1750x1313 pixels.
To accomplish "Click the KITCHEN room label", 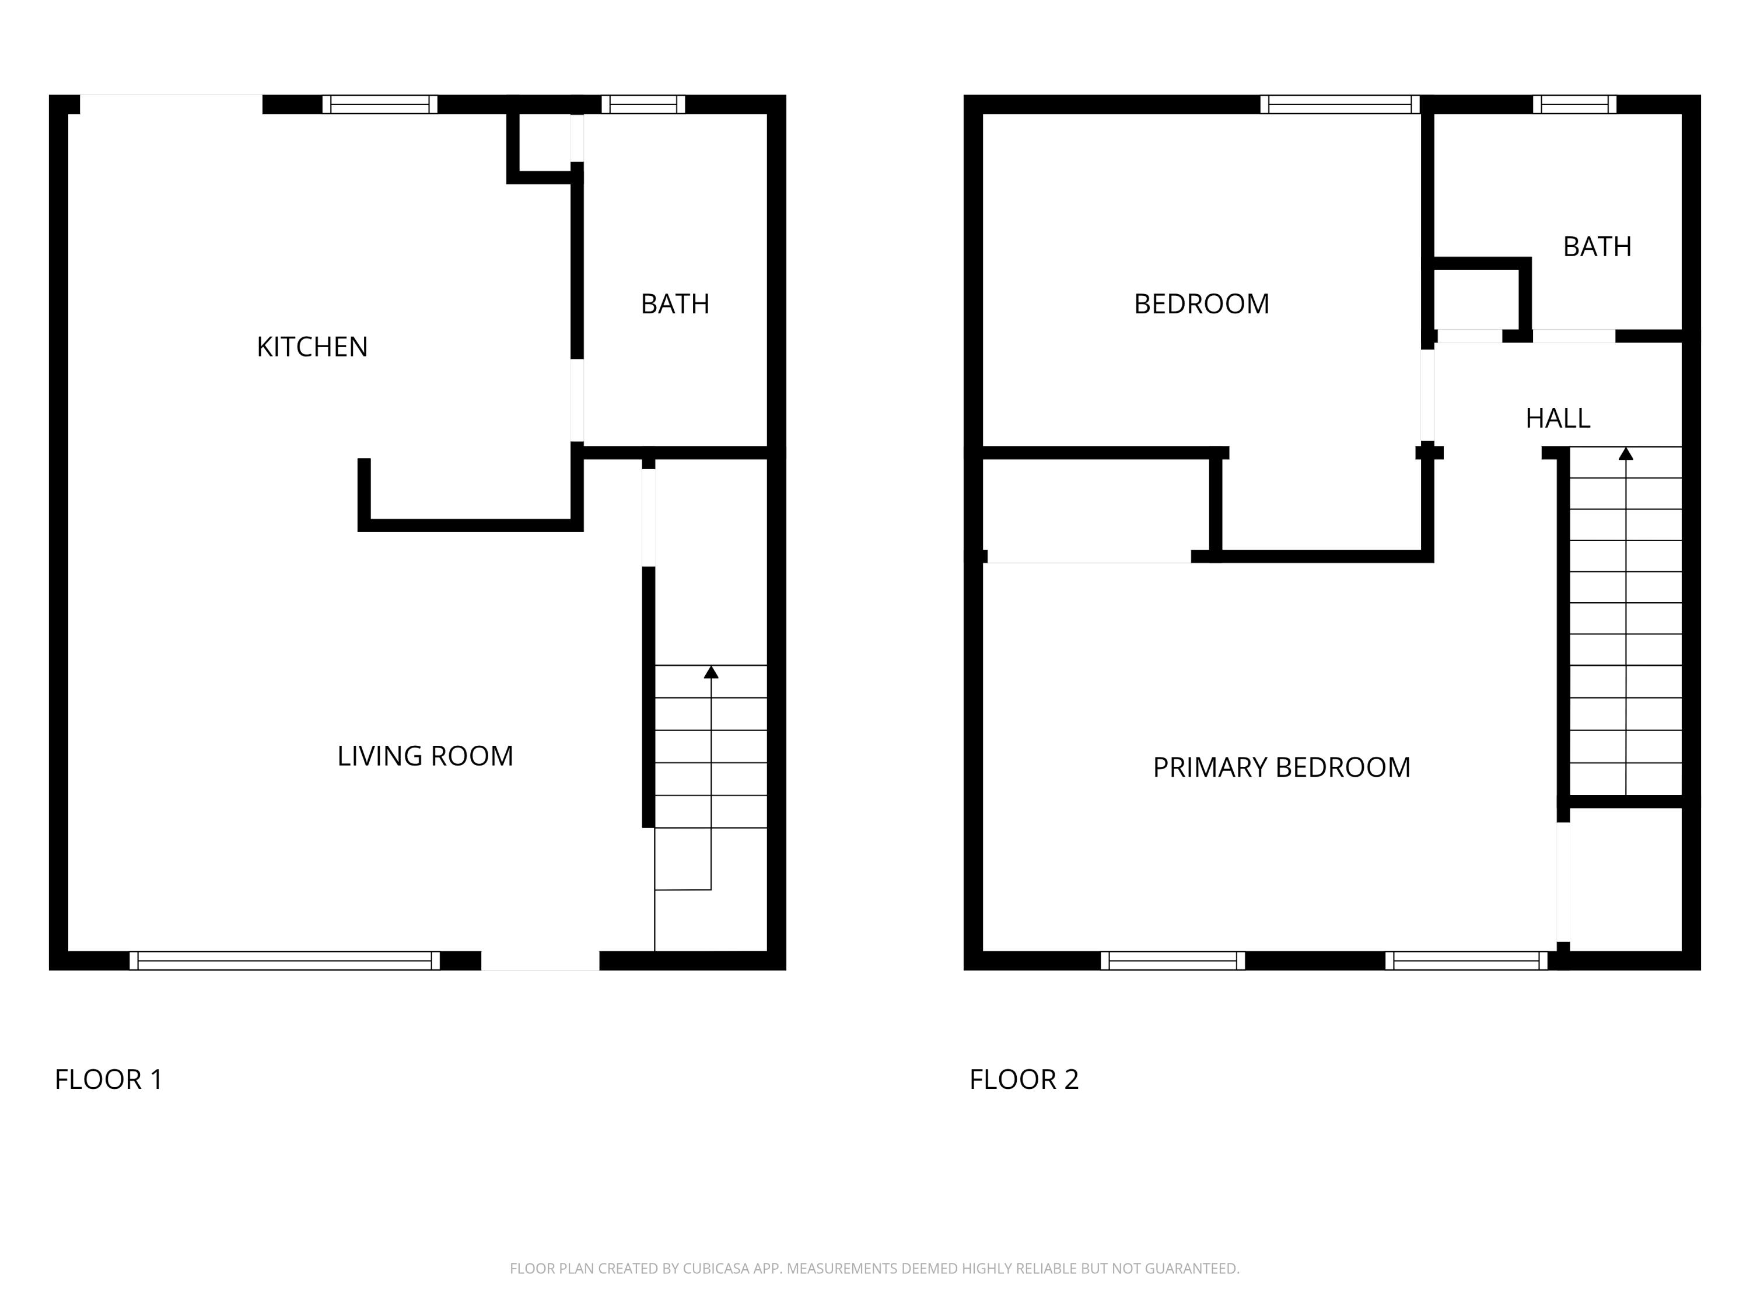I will click(x=311, y=347).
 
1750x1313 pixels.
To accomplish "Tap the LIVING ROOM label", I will click(x=425, y=756).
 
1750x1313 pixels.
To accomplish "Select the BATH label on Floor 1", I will click(x=674, y=304).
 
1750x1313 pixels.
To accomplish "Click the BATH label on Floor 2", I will click(x=1597, y=247).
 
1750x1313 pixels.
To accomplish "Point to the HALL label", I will click(x=1557, y=418).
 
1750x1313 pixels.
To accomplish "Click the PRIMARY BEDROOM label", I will click(x=1281, y=767).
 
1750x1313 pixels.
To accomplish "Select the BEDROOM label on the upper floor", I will click(x=1201, y=304).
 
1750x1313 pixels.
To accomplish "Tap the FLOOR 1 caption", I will click(x=108, y=1080).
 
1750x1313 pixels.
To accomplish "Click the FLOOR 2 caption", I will click(x=1024, y=1080).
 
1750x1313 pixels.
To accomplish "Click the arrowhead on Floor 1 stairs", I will click(x=710, y=672).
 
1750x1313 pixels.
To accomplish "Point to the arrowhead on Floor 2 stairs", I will click(x=1625, y=453).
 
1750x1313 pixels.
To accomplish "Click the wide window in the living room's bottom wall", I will click(x=284, y=961).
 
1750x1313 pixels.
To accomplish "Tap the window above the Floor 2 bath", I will click(x=1574, y=104).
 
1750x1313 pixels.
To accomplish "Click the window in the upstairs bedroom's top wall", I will click(x=1339, y=104).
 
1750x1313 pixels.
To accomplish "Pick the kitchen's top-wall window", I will click(x=379, y=104).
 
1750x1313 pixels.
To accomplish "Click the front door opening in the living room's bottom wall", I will click(x=540, y=961).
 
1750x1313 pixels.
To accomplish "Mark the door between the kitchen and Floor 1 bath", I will click(x=577, y=400).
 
